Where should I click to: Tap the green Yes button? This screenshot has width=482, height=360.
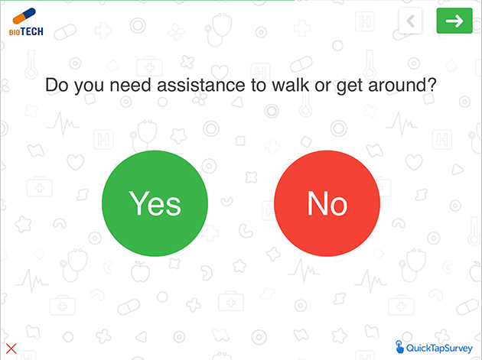(155, 203)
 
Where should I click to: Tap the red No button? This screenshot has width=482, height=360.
(327, 203)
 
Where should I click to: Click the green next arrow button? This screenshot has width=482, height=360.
(454, 21)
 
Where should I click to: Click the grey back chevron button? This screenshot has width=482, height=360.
(410, 21)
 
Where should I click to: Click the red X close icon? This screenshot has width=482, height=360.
(11, 349)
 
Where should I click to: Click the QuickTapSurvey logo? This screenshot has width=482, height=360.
(434, 348)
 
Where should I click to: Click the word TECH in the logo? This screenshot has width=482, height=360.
(32, 31)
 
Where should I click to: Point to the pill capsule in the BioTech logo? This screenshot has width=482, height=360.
(24, 16)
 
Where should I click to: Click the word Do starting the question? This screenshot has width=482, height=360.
(57, 85)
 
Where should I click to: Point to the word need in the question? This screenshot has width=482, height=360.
(130, 85)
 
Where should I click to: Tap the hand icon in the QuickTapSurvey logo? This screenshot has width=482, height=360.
(399, 347)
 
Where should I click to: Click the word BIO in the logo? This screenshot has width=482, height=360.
(15, 32)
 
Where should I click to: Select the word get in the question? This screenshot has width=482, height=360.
(350, 86)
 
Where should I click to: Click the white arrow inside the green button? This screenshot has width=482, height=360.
(454, 21)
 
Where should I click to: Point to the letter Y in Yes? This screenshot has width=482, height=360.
(138, 203)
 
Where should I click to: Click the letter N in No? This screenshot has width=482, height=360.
(317, 203)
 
